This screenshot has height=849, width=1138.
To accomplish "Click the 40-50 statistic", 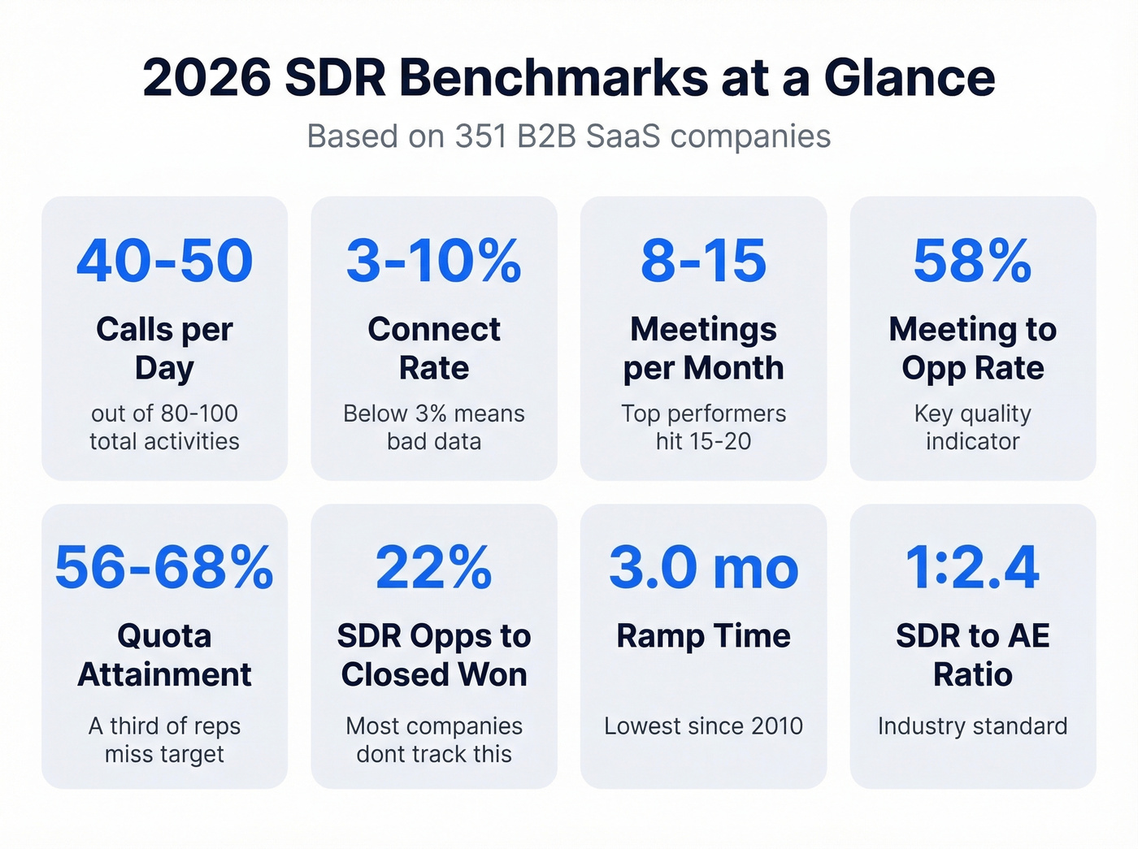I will click(x=165, y=261).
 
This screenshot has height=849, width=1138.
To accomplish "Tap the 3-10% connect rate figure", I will click(x=434, y=261).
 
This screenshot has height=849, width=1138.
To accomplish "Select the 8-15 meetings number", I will click(x=703, y=261).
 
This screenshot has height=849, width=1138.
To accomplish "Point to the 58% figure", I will click(x=972, y=261).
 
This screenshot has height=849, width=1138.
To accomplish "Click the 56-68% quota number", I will click(x=165, y=567).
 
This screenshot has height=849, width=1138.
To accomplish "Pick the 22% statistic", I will click(x=434, y=567).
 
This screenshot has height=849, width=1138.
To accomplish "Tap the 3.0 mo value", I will click(x=703, y=567).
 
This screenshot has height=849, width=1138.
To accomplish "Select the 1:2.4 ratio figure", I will click(x=972, y=567).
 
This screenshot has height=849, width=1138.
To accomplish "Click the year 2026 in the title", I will click(x=206, y=78).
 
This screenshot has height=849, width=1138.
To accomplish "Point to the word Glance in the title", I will click(x=909, y=78).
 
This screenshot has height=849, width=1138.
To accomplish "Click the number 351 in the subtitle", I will click(x=482, y=136).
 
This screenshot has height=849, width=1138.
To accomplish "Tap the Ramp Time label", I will click(x=703, y=635).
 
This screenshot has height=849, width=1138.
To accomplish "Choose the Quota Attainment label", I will click(x=165, y=655).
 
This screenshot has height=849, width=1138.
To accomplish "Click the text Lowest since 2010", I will click(x=703, y=726).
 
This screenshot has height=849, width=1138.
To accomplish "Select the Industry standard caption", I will click(x=972, y=726).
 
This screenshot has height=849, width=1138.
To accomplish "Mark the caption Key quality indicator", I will click(x=972, y=427).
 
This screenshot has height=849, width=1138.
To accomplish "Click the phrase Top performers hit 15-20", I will click(x=703, y=427).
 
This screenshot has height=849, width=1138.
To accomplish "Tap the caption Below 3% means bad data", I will click(x=434, y=427).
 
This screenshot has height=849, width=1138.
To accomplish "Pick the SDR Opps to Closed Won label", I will click(x=434, y=655).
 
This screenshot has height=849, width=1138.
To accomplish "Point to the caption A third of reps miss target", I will click(x=165, y=739).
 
